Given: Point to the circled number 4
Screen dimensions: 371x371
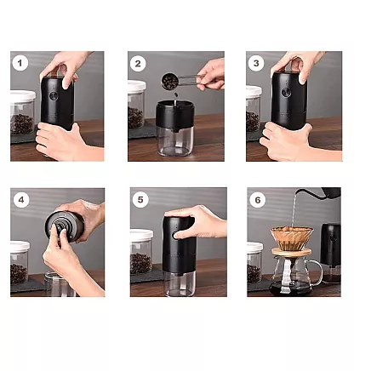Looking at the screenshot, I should [x=20, y=200].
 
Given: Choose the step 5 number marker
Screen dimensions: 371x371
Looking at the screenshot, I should [x=140, y=200].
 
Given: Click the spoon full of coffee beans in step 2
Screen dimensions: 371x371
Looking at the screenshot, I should [x=171, y=81].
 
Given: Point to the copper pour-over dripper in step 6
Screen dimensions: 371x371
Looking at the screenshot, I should [x=291, y=237].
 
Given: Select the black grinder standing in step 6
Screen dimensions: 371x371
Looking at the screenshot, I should [x=330, y=246].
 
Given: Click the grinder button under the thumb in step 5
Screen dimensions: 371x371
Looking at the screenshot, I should [x=177, y=234].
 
